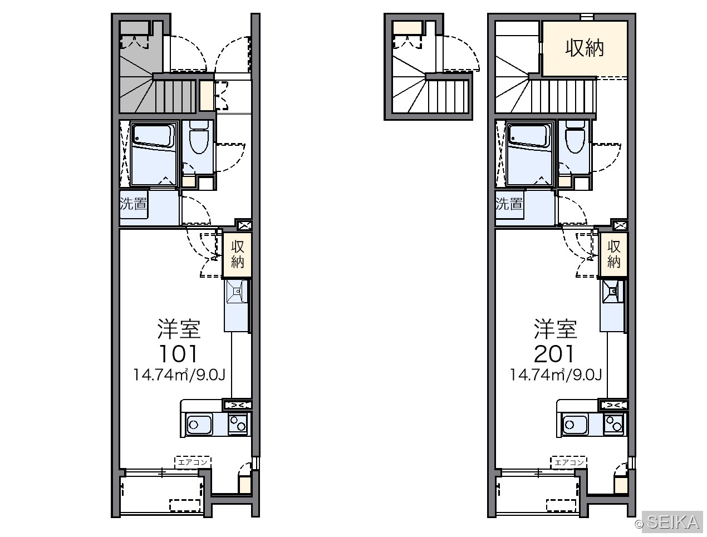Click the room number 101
pyautogui.click(x=178, y=353)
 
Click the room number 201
pyautogui.click(x=554, y=353)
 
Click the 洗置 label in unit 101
pyautogui.click(x=134, y=204)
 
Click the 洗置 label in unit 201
pyautogui.click(x=509, y=204)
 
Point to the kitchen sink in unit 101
pyautogui.click(x=199, y=425)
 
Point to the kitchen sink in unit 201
pyautogui.click(x=575, y=425)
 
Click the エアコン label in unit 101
pyautogui.click(x=193, y=462)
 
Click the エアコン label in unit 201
pyautogui.click(x=569, y=462)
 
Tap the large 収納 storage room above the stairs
pyautogui.click(x=585, y=48)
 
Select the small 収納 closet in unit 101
pyautogui.click(x=237, y=254)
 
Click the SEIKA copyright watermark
pyautogui.click(x=668, y=522)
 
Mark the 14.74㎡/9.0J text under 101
pyautogui.click(x=179, y=375)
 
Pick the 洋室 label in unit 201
pyautogui.click(x=555, y=329)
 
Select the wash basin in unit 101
pyautogui.click(x=237, y=292)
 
